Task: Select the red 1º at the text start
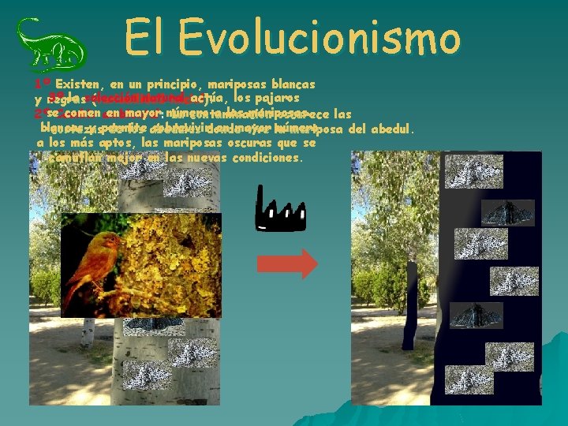43,83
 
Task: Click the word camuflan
77,157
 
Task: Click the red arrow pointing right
287,264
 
